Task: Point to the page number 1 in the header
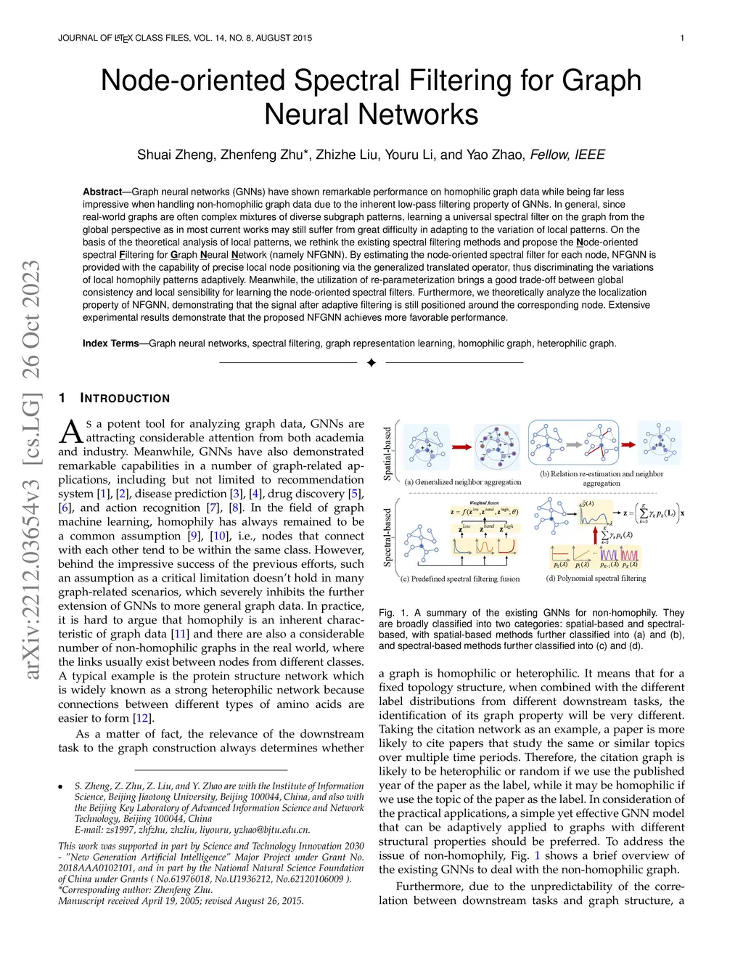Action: click(682, 38)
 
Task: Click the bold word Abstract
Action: click(102, 192)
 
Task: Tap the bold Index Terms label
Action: click(110, 343)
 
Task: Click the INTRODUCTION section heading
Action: click(125, 399)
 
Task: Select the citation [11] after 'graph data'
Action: click(180, 634)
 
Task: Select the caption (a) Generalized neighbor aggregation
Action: click(463, 482)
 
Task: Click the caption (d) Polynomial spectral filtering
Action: click(596, 579)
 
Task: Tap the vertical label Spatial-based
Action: click(387, 453)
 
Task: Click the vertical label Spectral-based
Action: click(387, 538)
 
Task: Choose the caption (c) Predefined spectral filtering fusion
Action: click(460, 579)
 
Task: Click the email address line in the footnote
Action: click(192, 830)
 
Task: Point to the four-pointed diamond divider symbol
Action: click(371, 362)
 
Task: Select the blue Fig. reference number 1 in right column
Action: click(538, 855)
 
